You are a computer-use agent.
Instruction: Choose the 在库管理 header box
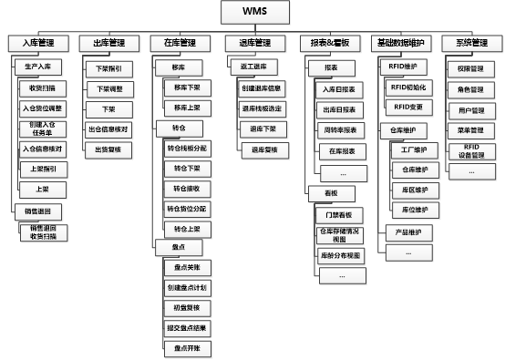(x=180, y=43)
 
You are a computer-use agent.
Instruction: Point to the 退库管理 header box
(x=254, y=43)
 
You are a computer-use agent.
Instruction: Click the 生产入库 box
(x=37, y=67)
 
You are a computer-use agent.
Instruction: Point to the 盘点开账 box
(x=190, y=349)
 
